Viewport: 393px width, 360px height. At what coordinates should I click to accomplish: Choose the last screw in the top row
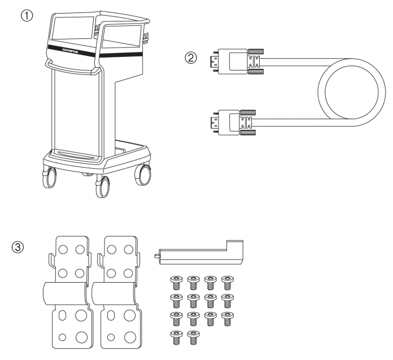(x=227, y=281)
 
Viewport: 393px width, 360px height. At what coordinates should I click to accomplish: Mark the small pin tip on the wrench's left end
(x=156, y=256)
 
